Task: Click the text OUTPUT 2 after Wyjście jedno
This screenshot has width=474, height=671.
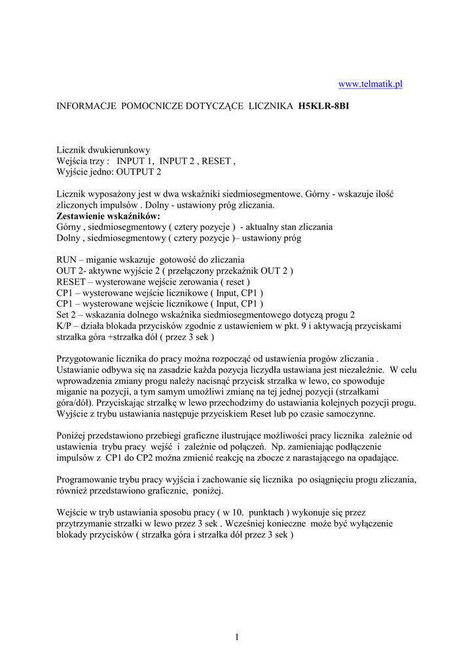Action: tap(138, 172)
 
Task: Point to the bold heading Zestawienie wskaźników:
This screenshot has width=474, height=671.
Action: tap(108, 216)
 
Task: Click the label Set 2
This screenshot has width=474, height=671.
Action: tap(69, 315)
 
